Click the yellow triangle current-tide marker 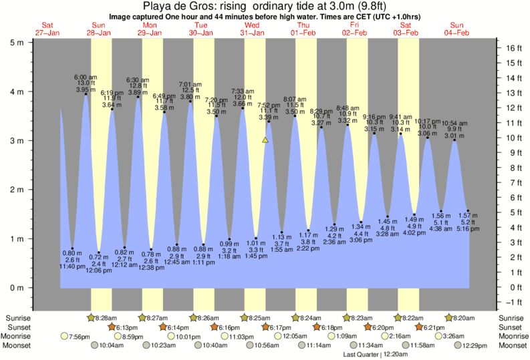click(x=265, y=140)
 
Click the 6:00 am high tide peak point click(x=86, y=94)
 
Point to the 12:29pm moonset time click(x=472, y=345)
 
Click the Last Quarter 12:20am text click(x=377, y=355)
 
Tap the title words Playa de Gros click(x=184, y=6)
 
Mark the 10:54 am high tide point click(x=454, y=140)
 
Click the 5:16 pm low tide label click(x=467, y=229)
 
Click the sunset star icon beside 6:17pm click(x=265, y=327)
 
